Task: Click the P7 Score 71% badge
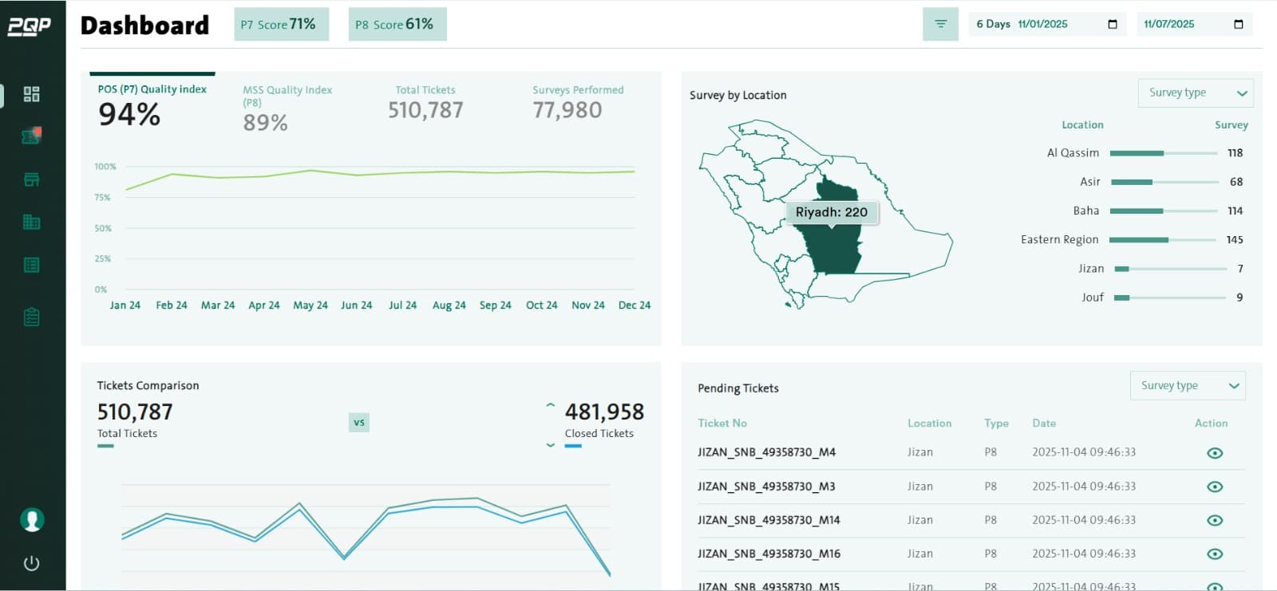[x=281, y=25]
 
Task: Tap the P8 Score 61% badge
[x=397, y=25]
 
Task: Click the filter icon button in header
[x=940, y=25]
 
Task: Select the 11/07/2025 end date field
[x=1193, y=25]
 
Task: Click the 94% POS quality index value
[x=129, y=115]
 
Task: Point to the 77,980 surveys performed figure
[x=567, y=110]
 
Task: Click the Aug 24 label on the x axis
[x=449, y=305]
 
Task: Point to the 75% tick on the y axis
[x=103, y=197]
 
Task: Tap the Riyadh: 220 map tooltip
[x=831, y=212]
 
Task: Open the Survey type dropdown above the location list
[x=1195, y=93]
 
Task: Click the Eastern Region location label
[x=1059, y=240]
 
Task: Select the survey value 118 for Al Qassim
[x=1235, y=153]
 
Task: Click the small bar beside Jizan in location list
[x=1122, y=269]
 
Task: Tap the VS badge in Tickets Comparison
[x=359, y=423]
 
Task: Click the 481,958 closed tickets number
[x=604, y=412]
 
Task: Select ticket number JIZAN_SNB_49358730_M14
[x=769, y=520]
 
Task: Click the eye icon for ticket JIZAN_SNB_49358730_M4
[x=1215, y=453]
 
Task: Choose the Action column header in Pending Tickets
[x=1211, y=424]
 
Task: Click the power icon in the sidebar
[x=32, y=563]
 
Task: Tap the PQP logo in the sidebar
[x=30, y=26]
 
